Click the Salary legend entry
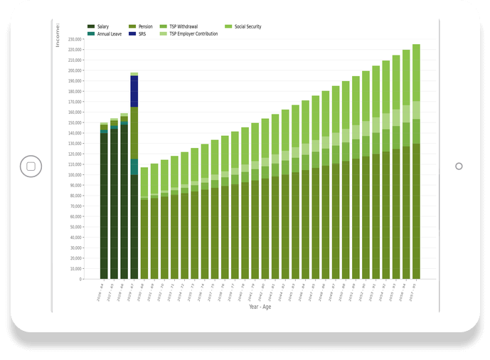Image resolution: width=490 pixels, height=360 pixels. (x=102, y=26)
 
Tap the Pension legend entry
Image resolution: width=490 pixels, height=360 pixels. (x=144, y=26)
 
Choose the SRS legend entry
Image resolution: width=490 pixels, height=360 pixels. (x=142, y=33)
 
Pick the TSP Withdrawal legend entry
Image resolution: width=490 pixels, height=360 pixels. (x=183, y=26)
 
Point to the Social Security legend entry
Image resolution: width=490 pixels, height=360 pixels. (x=247, y=26)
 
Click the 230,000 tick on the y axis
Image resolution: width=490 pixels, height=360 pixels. (x=73, y=39)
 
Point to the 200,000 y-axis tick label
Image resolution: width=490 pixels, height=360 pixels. (x=73, y=70)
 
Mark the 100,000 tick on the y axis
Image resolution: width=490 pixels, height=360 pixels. (x=73, y=175)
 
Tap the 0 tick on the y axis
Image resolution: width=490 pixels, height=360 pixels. (x=80, y=279)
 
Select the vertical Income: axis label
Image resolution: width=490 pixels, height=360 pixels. (x=58, y=35)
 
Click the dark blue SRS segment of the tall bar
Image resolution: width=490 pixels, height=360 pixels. (x=134, y=90)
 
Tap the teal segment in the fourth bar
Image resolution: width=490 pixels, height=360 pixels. (x=134, y=167)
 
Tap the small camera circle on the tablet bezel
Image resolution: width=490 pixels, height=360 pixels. (x=459, y=166)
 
